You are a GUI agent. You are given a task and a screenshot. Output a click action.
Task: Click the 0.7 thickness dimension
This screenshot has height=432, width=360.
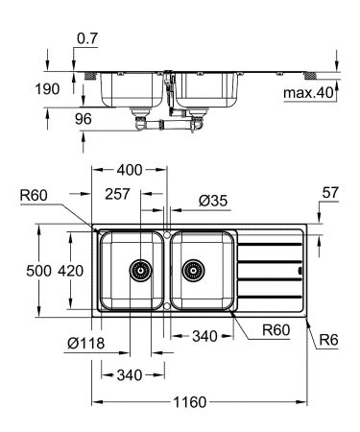pyautogui.click(x=86, y=38)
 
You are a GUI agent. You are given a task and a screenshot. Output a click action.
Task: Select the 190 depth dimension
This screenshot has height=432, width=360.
pyautogui.click(x=46, y=88)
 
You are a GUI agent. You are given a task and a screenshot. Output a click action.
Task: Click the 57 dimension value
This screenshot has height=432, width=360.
pyautogui.click(x=329, y=194)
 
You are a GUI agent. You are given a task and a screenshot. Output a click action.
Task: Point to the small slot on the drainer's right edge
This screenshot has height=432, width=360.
pyautogui.click(x=301, y=271)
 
